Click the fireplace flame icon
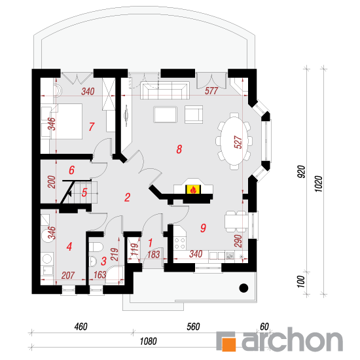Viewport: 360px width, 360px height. [193, 190]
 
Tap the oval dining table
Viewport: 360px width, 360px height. [234, 141]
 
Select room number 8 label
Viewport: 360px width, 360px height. [179, 149]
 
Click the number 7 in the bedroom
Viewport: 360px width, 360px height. [92, 126]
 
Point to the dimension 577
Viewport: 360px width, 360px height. [211, 91]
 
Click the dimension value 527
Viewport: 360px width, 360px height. [238, 142]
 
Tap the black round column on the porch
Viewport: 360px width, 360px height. [243, 288]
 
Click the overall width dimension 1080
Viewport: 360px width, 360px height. [149, 342]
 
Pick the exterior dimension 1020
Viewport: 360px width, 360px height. [319, 184]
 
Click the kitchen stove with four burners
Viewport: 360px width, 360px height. [179, 243]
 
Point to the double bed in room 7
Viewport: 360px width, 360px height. [66, 121]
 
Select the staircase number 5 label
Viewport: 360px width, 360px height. [84, 192]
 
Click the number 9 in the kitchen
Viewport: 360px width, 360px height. [203, 228]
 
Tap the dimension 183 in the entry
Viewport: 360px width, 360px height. [153, 255]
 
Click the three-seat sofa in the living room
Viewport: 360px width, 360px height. [165, 90]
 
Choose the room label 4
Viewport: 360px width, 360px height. [69, 247]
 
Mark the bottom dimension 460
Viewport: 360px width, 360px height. [81, 327]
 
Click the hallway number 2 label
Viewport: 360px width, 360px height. [128, 197]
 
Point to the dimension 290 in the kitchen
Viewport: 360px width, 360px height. [238, 241]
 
